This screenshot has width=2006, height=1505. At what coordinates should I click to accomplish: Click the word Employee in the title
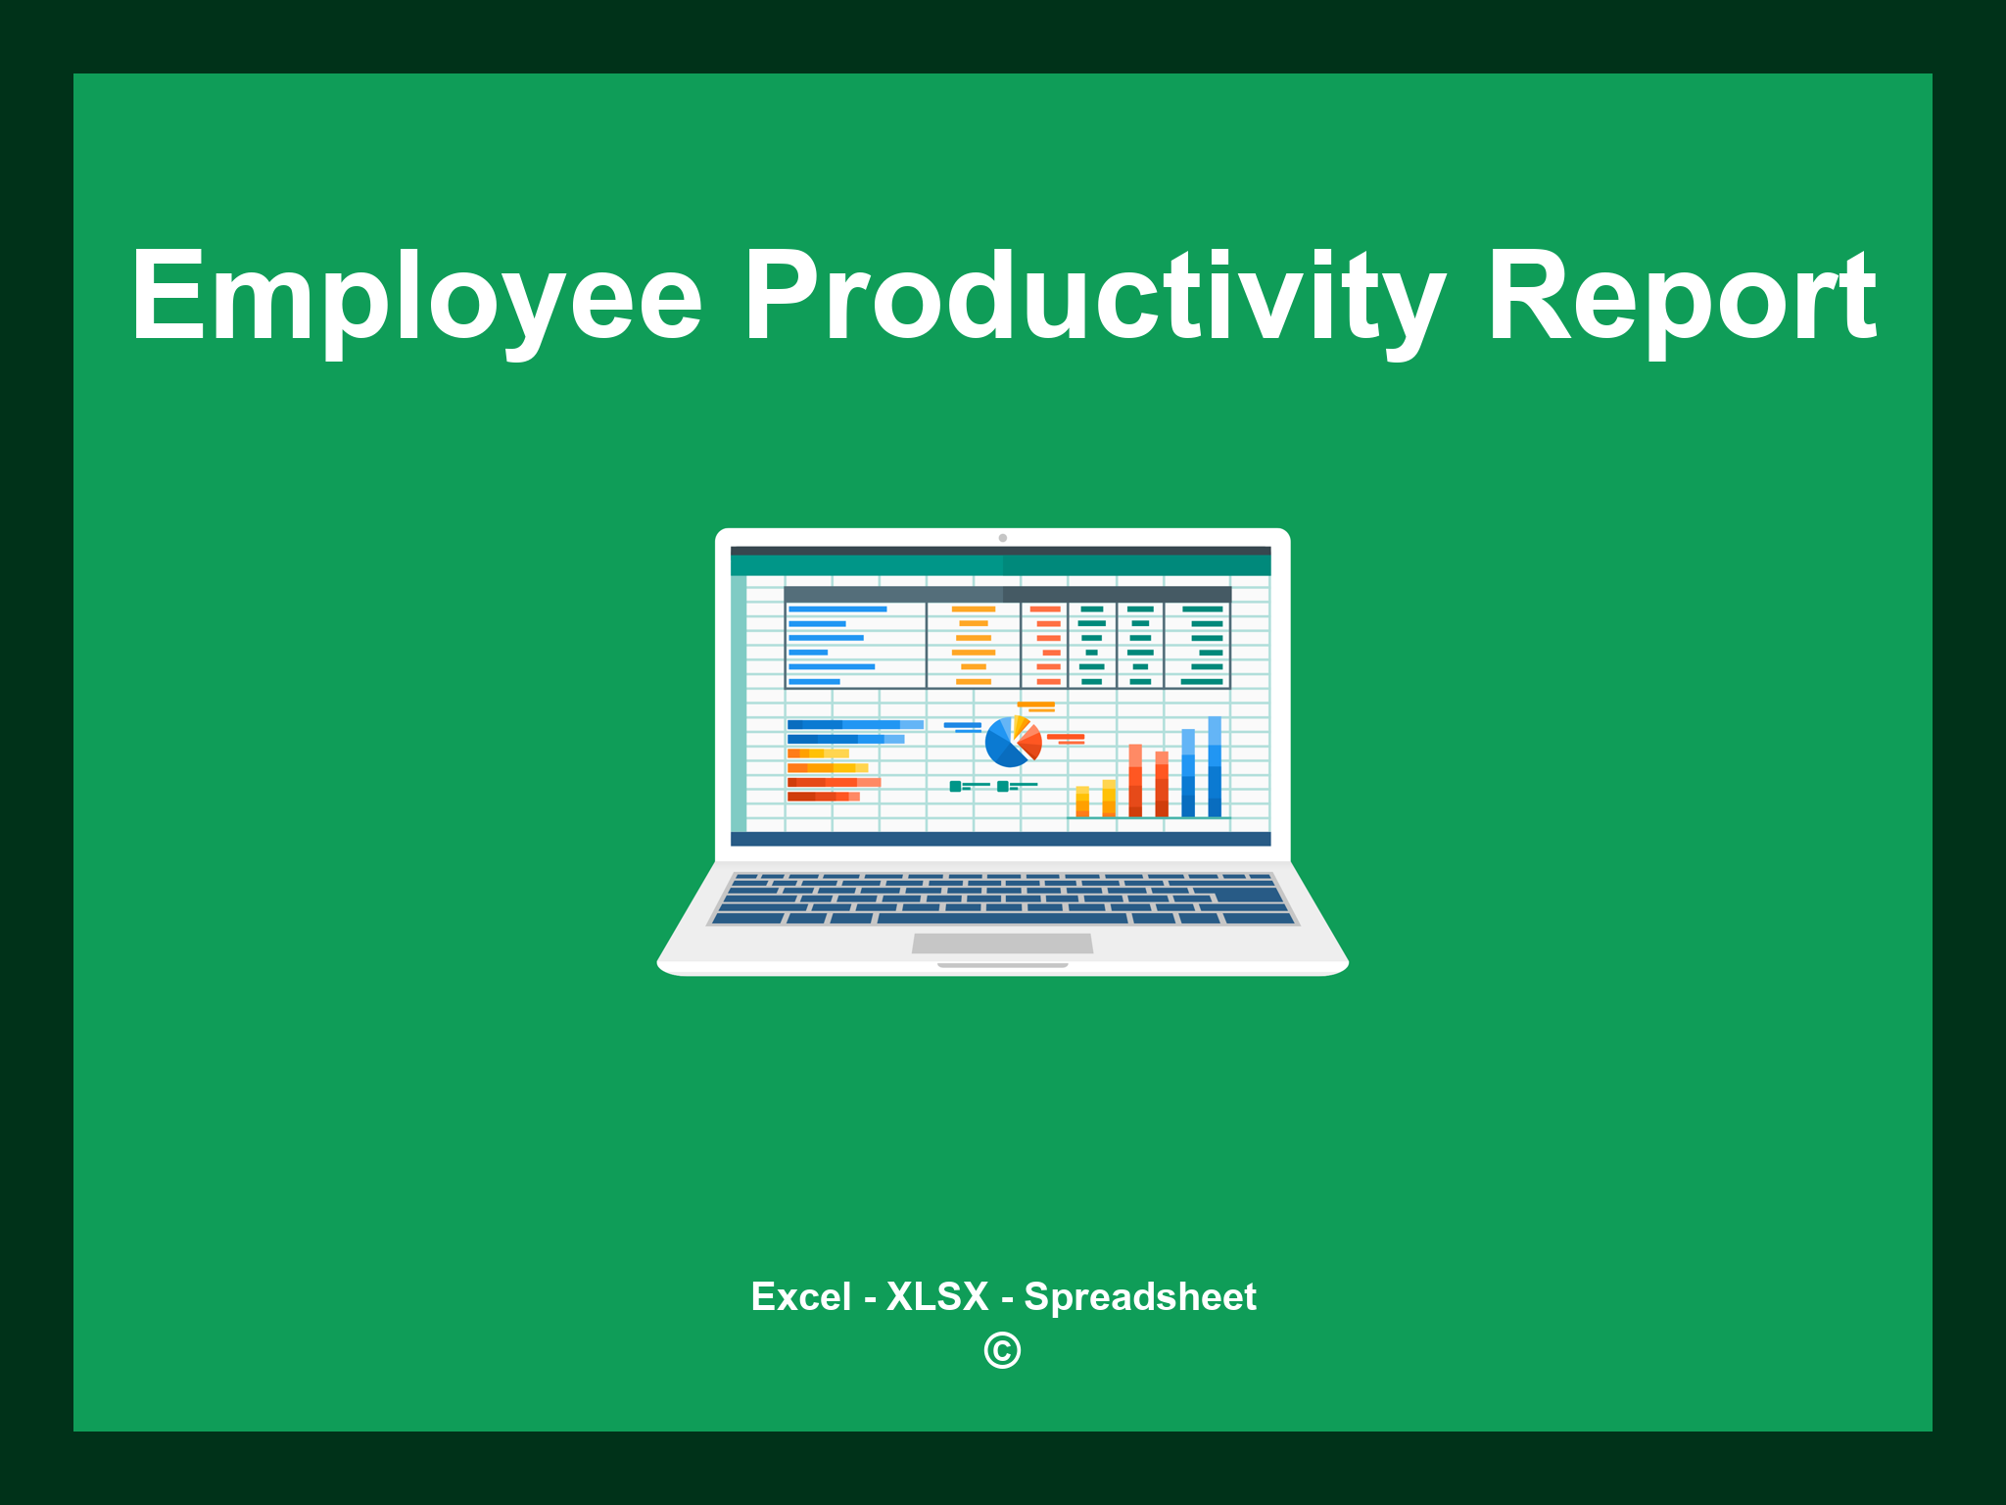[x=416, y=297]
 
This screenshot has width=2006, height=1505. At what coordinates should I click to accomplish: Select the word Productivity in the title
[x=1093, y=297]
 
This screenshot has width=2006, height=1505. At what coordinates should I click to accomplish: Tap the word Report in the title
[x=1681, y=297]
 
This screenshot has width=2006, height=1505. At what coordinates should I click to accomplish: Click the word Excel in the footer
[x=800, y=1296]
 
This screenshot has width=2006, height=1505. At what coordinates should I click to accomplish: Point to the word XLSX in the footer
[x=937, y=1296]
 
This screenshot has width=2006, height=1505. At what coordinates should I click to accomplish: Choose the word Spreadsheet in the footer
[x=1139, y=1296]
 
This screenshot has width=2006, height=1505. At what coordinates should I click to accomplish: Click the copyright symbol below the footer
[x=1002, y=1350]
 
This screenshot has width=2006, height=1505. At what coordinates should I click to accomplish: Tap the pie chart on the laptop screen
[x=1012, y=743]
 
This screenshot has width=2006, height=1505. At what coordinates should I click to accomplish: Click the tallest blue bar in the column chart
[x=1215, y=766]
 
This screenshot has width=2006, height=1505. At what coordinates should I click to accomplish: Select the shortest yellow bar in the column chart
[x=1082, y=801]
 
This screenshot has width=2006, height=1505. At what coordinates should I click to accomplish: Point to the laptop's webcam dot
[x=1002, y=538]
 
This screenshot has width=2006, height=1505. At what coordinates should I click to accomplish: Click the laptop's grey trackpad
[x=1002, y=943]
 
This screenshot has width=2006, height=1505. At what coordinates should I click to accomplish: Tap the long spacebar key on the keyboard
[x=1002, y=918]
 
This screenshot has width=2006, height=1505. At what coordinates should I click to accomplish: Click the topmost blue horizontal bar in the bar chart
[x=854, y=725]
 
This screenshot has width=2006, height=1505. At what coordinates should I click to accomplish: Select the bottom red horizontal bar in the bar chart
[x=823, y=797]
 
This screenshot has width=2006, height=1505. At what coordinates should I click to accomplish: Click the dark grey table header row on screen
[x=1007, y=594]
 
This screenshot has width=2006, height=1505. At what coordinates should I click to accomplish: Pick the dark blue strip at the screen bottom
[x=1000, y=839]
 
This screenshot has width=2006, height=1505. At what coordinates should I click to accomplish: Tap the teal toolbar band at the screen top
[x=1000, y=565]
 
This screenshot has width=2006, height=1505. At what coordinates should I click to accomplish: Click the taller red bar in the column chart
[x=1135, y=780]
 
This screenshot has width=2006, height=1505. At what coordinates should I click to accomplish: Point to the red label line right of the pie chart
[x=1065, y=737]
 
